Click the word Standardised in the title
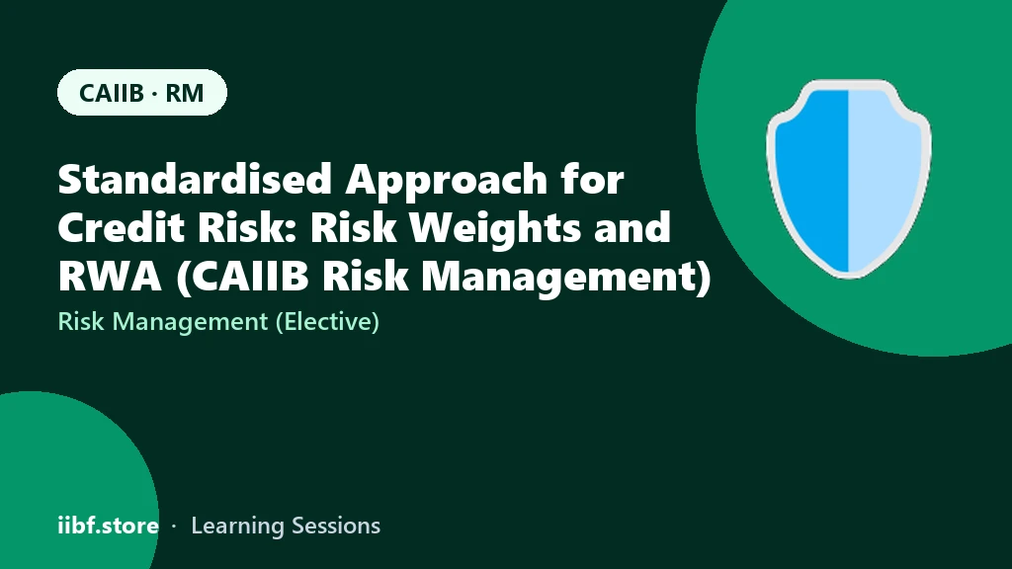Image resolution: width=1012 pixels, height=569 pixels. coord(195,179)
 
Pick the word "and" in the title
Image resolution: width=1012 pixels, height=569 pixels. coord(632,227)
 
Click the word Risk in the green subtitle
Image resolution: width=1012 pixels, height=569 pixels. coord(81,321)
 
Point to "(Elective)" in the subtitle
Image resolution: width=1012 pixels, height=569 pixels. coord(327,322)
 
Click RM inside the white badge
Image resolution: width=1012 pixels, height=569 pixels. coord(185,93)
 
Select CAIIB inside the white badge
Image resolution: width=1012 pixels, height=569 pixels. coord(111,93)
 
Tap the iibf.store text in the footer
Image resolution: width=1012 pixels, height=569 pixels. coord(109,526)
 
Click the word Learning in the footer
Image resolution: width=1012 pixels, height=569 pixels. coord(238,527)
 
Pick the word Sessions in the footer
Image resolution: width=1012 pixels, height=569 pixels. coord(336,526)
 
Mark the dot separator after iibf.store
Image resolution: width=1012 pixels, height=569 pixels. coord(174,527)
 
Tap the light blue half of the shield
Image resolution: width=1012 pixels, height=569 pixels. coord(883,178)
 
